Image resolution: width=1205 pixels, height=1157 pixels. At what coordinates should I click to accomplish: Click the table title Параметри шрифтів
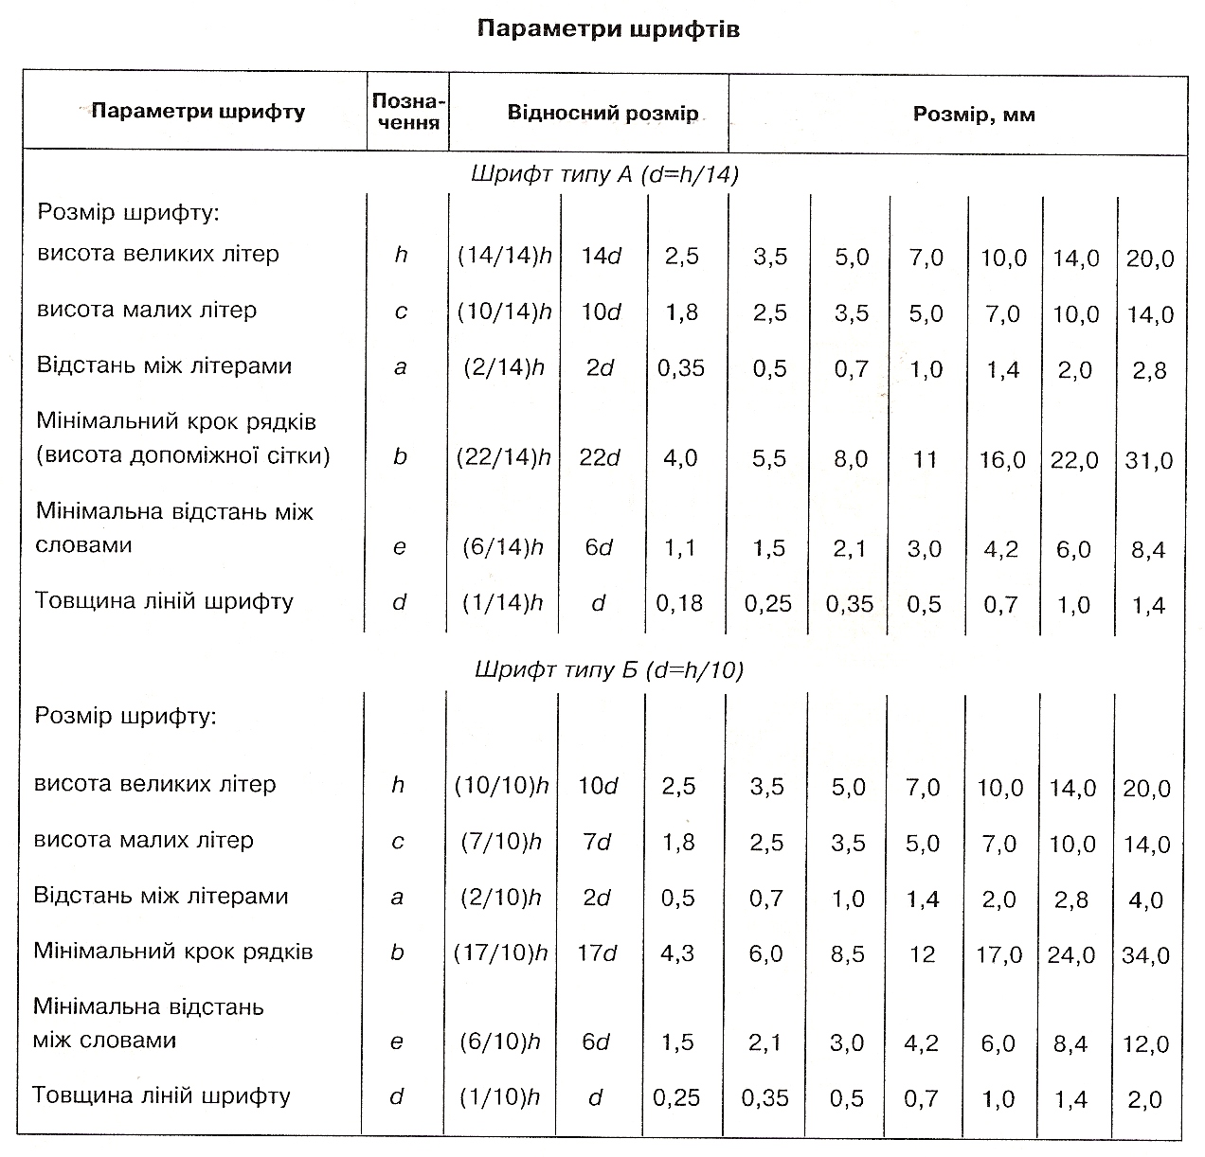[x=608, y=29]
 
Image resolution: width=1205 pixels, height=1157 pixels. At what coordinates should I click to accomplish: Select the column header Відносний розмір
[x=602, y=113]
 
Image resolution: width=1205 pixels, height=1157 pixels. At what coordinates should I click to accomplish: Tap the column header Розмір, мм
[x=974, y=115]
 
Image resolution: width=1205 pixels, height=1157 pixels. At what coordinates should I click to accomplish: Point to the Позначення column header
[x=408, y=112]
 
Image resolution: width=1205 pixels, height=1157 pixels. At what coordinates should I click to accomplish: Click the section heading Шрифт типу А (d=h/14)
[x=605, y=174]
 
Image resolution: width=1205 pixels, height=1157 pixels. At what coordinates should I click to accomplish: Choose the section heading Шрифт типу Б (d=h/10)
[x=609, y=669]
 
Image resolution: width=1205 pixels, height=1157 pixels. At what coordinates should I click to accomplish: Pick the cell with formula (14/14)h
[x=504, y=255]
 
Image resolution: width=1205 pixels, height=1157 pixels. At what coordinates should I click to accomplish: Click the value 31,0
[x=1149, y=460]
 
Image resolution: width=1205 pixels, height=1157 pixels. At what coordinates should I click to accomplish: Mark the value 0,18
[x=679, y=603]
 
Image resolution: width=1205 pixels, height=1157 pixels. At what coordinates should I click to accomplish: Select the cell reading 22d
[x=600, y=457]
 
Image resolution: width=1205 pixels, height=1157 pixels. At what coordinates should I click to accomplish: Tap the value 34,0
[x=1145, y=956]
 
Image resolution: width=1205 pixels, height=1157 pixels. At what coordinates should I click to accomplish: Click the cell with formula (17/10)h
[x=501, y=953]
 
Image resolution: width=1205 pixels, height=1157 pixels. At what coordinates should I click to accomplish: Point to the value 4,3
[x=677, y=953]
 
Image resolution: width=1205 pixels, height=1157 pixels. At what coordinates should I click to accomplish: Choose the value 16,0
[x=1002, y=460]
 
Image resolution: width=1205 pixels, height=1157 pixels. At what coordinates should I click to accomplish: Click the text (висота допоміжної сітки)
[x=183, y=455]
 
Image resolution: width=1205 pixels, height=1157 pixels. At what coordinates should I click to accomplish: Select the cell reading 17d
[x=597, y=953]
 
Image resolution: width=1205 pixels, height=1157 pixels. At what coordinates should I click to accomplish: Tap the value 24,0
[x=1071, y=955]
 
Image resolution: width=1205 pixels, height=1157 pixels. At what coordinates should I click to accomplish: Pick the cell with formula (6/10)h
[x=499, y=1041]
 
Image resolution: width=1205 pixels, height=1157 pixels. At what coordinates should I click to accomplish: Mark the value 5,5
[x=769, y=458]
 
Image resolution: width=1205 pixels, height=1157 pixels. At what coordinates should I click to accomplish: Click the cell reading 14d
[x=601, y=256]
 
